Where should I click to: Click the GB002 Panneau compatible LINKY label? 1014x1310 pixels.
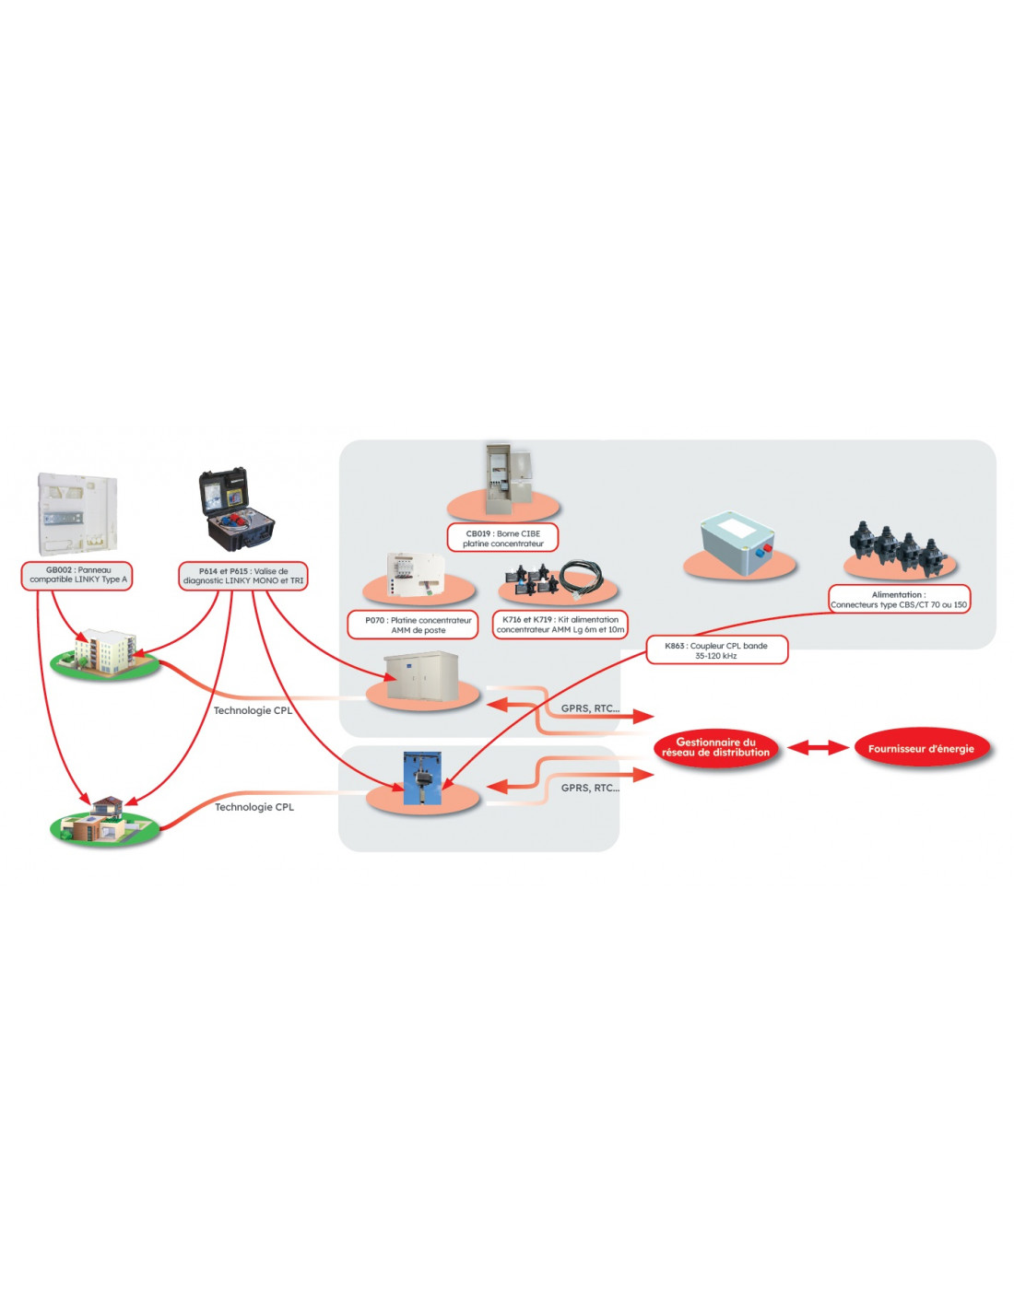[77, 575]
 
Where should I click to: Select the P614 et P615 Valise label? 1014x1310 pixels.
[242, 576]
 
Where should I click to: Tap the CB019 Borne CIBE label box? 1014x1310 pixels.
[502, 538]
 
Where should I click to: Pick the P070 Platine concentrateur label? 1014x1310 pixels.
[413, 625]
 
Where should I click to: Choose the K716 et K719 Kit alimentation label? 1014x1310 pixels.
[560, 625]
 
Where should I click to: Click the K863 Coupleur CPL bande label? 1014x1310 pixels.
[716, 649]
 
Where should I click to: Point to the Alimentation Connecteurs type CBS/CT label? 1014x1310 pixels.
[899, 599]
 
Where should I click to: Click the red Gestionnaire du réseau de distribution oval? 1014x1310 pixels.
[716, 747]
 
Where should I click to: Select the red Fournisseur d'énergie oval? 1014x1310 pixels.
[921, 748]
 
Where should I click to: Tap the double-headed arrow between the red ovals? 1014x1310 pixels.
[817, 747]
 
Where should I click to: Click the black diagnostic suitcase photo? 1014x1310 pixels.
[236, 510]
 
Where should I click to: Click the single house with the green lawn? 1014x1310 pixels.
[104, 818]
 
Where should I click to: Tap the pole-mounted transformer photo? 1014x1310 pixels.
[421, 778]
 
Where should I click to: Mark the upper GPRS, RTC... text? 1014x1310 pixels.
[590, 708]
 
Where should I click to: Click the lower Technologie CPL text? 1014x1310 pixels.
[254, 807]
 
